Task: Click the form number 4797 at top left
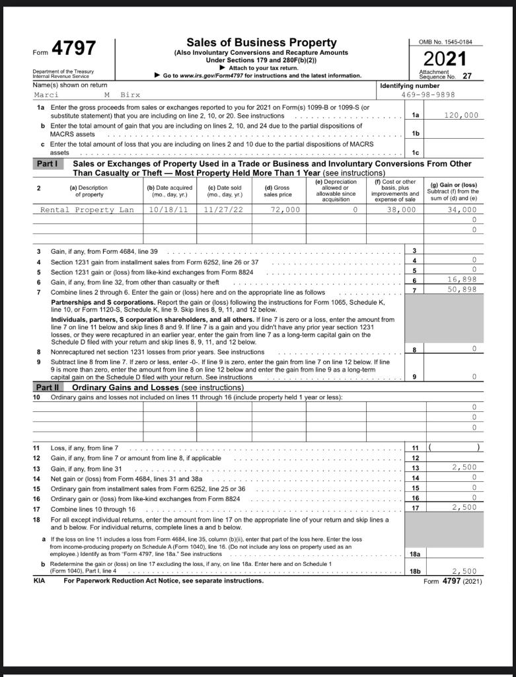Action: coord(73,49)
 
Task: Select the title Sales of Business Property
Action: coord(261,43)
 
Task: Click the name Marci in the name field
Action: coord(46,95)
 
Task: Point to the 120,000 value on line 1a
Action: coord(461,115)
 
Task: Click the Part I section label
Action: coord(48,163)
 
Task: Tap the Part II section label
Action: coord(48,387)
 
